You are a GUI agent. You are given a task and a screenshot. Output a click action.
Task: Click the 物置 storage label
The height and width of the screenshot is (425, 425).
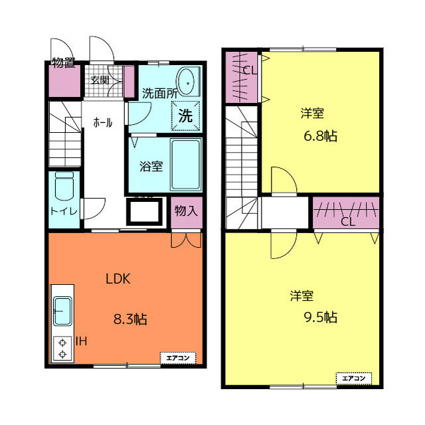coord(64,62)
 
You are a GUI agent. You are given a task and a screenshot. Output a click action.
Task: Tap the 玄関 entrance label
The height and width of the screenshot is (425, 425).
coord(100,80)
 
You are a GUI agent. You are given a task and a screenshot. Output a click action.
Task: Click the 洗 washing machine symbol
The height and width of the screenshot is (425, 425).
coord(186,116)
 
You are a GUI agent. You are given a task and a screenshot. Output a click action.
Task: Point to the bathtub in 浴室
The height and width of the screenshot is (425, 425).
coord(186,164)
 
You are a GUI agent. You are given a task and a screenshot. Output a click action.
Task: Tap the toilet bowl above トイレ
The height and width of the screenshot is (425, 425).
coord(64,186)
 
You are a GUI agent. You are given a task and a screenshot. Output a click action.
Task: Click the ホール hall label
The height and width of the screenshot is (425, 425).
coord(103,123)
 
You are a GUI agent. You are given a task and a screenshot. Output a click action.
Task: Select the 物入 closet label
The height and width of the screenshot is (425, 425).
coord(186,211)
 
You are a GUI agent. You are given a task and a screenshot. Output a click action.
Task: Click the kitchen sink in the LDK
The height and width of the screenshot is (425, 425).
coord(62,311)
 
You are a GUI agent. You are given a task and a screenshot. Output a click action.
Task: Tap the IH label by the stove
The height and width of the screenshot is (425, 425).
coord(81,341)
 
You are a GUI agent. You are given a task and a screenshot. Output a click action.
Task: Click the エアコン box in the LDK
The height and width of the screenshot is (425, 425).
coord(178,358)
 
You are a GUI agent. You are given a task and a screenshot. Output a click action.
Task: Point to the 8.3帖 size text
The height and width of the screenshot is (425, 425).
coord(130,319)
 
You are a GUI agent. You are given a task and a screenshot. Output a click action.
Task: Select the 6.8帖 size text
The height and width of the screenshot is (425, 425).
coord(320,135)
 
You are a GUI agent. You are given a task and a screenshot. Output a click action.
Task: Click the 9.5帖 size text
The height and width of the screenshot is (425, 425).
coord(320,317)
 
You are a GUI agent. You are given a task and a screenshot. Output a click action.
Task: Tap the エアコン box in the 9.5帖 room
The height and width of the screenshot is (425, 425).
coord(354,378)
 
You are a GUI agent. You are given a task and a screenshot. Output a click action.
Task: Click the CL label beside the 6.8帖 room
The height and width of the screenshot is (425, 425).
coord(250,70)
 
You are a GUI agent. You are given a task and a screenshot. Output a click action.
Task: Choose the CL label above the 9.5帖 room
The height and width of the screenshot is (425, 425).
coord(348,222)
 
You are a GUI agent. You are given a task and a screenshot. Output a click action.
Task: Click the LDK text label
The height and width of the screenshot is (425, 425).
coord(118,279)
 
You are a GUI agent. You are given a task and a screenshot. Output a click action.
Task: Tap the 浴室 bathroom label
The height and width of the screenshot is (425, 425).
coord(151,166)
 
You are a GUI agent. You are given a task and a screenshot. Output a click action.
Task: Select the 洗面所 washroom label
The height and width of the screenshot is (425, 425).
coord(160,94)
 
